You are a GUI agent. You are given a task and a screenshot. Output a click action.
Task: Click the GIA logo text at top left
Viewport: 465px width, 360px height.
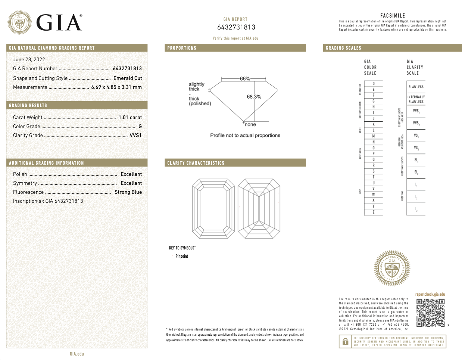[59, 23]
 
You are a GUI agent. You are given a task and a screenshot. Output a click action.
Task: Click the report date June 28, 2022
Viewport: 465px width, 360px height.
[29, 59]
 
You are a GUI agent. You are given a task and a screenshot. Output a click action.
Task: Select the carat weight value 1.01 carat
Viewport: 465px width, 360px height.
[130, 117]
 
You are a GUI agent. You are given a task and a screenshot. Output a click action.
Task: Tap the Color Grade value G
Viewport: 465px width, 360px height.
[140, 126]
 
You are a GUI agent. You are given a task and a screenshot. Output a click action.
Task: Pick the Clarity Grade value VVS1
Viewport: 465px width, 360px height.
[135, 135]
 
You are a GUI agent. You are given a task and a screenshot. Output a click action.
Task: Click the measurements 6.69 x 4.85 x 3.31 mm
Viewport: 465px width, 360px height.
[116, 87]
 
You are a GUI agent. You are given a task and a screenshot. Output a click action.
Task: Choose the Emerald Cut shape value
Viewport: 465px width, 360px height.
[128, 78]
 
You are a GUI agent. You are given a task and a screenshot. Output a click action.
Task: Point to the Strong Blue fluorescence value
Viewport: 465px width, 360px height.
[128, 192]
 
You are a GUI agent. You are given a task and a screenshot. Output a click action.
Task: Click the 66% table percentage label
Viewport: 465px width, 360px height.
[245, 79]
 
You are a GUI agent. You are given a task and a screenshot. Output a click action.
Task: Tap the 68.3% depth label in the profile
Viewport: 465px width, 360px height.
[254, 97]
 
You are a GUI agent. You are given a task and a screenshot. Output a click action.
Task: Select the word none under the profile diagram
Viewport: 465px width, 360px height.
[250, 125]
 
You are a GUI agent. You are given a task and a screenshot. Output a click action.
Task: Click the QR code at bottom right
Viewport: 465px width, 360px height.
[430, 313]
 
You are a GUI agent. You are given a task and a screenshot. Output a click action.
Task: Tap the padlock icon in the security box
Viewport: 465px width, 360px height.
[346, 341]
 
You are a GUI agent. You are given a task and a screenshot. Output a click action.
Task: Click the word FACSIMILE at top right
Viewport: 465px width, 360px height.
[393, 16]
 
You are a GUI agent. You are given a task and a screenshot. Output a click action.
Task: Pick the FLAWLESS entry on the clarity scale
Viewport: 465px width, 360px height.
[416, 87]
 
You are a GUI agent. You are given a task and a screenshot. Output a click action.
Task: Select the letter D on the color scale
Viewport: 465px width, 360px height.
[374, 84]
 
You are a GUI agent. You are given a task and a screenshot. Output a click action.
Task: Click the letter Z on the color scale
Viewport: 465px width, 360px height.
[374, 212]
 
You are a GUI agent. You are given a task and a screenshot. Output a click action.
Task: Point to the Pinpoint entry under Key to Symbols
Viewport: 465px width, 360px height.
[182, 256]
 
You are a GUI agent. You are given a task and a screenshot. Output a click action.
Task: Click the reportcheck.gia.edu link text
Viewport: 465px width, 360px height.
[430, 294]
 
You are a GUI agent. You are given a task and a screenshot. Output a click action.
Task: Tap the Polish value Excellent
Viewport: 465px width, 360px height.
[131, 174]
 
